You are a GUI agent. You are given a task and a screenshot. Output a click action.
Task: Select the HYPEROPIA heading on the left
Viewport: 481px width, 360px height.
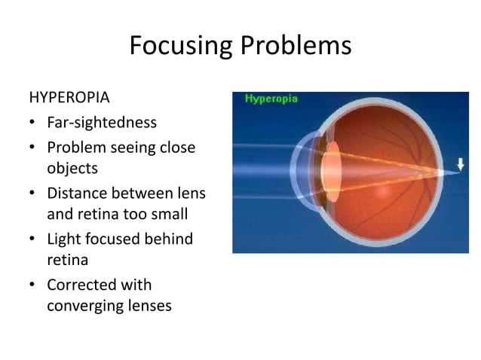(x=69, y=98)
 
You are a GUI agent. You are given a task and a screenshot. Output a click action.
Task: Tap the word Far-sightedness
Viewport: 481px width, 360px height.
(x=102, y=122)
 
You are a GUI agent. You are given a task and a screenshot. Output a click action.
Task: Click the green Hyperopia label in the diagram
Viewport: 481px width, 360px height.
(x=271, y=99)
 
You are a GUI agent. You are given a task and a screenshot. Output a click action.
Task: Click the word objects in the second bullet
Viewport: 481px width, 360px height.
(x=72, y=167)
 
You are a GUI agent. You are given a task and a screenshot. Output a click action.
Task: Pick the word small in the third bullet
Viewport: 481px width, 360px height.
(x=169, y=215)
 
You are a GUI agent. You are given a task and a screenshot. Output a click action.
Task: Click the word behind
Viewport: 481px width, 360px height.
(x=170, y=239)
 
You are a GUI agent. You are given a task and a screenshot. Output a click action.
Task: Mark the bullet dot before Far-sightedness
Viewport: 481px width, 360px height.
(x=32, y=124)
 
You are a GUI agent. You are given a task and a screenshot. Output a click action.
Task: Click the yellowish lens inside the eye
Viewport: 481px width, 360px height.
(x=330, y=172)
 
